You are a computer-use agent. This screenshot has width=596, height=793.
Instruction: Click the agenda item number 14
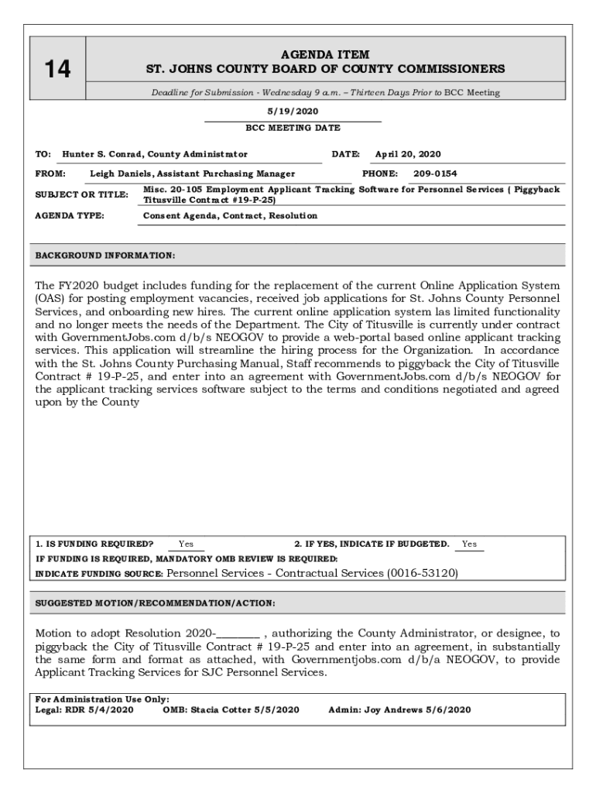[x=57, y=70]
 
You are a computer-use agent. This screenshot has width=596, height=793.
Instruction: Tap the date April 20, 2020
[x=408, y=154]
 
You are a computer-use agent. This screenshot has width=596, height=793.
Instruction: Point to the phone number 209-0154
[x=435, y=174]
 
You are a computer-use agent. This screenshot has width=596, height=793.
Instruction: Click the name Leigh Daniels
[x=121, y=174]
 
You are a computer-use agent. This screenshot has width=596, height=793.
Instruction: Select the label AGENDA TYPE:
[x=70, y=216]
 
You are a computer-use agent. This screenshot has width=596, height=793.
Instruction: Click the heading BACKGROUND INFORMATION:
[x=105, y=255]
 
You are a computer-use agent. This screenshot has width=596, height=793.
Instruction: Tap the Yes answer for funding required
[x=186, y=544]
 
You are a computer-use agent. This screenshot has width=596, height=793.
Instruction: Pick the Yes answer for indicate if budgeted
[x=469, y=544]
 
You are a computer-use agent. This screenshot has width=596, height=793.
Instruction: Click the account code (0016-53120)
[x=422, y=574]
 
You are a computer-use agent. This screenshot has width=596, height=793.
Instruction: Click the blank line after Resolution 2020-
[x=238, y=633]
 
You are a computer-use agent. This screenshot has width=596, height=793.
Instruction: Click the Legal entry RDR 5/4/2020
[x=99, y=709]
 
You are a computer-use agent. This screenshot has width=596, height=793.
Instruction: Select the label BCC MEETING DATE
[x=293, y=128]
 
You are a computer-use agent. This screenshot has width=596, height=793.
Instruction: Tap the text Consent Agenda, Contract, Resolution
[x=230, y=216]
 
